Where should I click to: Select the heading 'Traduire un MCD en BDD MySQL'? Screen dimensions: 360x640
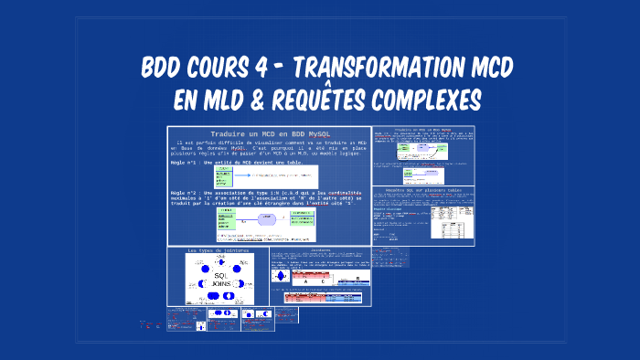tap(269, 135)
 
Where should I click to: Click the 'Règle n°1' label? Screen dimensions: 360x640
tap(186, 162)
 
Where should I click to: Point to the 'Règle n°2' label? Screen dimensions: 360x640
tap(186, 193)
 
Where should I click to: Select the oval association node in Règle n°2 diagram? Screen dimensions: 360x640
tap(269, 219)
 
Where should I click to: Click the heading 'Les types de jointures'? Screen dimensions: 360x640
tap(218, 250)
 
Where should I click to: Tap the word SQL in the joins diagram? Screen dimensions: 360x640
tap(219, 275)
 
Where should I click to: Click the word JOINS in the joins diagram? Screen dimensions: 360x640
tap(219, 285)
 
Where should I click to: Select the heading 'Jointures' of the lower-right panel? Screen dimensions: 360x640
tap(321, 249)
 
